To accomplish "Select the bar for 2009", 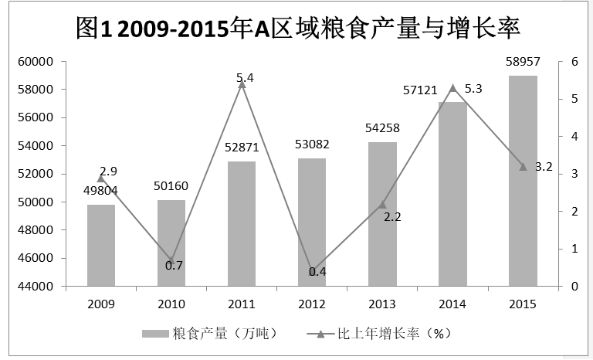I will pyautogui.click(x=101, y=245).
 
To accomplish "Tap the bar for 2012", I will pyautogui.click(x=312, y=222).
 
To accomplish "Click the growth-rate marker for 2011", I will pyautogui.click(x=242, y=83).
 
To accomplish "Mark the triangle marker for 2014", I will pyautogui.click(x=452, y=88).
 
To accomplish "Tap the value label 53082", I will pyautogui.click(x=312, y=144).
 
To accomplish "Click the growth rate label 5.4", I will pyautogui.click(x=246, y=76).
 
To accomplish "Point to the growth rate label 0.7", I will pyautogui.click(x=174, y=265).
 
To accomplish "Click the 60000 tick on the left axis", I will pyautogui.click(x=36, y=61).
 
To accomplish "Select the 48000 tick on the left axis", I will pyautogui.click(x=36, y=230).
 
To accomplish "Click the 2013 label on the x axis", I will pyautogui.click(x=382, y=304).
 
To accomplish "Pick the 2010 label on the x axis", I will pyautogui.click(x=171, y=304).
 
